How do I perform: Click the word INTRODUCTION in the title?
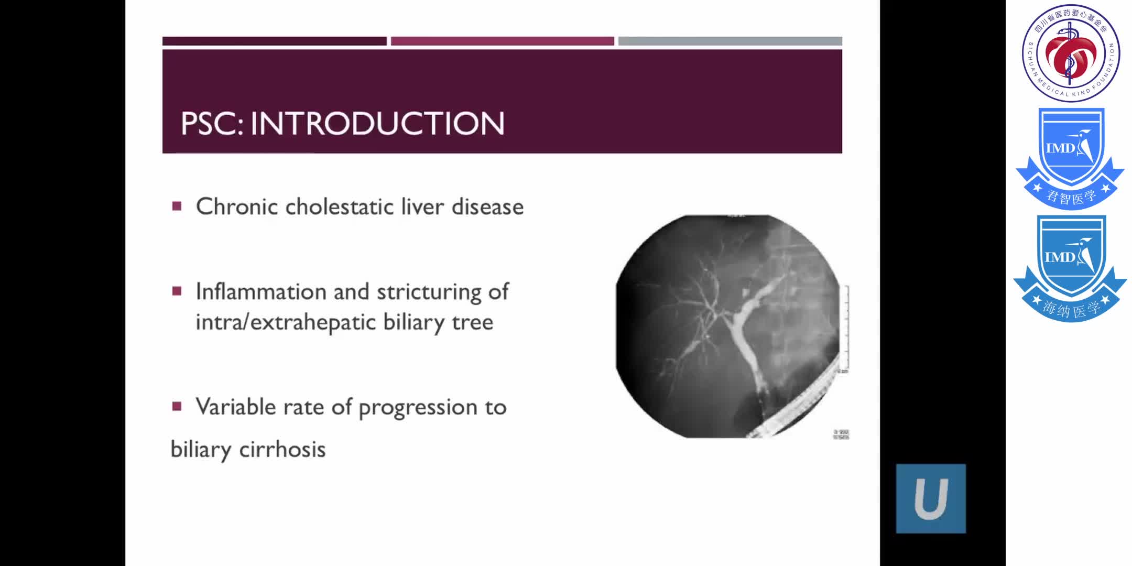(377, 124)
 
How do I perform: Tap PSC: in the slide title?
(212, 124)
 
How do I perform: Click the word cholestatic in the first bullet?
(340, 206)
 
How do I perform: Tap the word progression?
(418, 408)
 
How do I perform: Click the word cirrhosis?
(282, 449)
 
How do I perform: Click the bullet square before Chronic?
(177, 206)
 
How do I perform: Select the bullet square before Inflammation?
(177, 291)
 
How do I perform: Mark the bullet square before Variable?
(177, 406)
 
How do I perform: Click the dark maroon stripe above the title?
(274, 41)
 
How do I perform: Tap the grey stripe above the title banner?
(730, 41)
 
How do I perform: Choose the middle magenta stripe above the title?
(502, 41)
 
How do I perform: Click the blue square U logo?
(931, 498)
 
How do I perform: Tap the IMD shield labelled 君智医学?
(1070, 157)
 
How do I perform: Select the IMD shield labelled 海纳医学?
(1070, 267)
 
